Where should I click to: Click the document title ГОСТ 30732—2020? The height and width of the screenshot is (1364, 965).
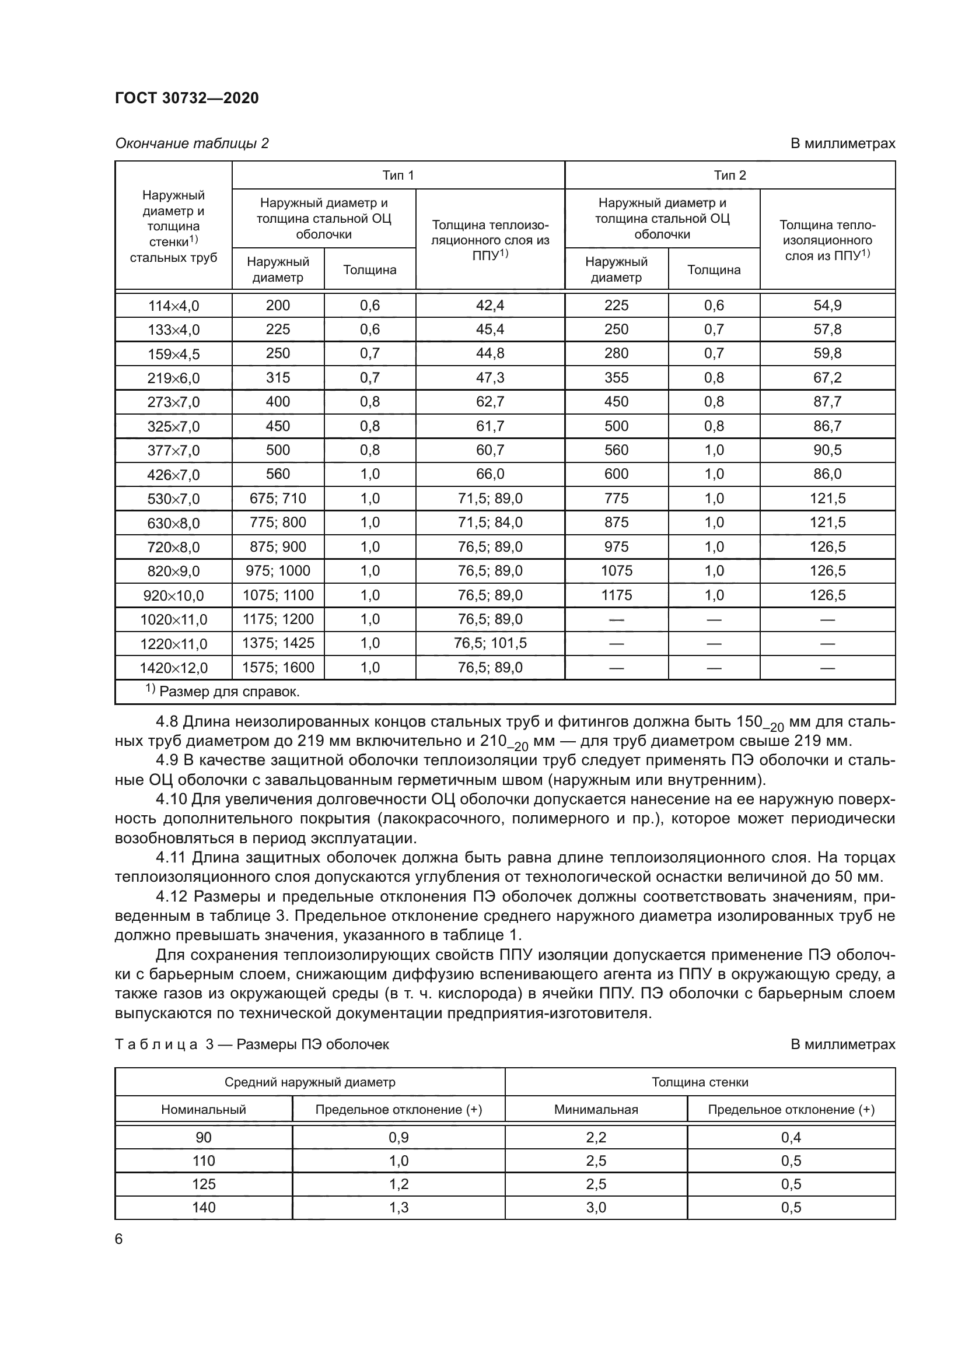(187, 98)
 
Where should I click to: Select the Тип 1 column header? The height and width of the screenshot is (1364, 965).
(397, 176)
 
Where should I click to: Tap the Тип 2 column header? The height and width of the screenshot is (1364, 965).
(730, 176)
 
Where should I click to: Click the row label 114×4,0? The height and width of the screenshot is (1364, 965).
(173, 306)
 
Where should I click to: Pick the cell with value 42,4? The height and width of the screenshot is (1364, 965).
(490, 306)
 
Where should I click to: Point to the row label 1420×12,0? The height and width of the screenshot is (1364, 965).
(173, 668)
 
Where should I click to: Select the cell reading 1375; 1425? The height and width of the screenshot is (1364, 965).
(278, 643)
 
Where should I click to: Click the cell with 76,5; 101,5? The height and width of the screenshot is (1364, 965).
(490, 643)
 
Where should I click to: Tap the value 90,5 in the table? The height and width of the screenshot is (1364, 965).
(827, 450)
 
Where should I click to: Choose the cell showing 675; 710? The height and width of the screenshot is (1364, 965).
(278, 499)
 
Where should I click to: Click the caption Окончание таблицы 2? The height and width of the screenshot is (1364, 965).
(191, 143)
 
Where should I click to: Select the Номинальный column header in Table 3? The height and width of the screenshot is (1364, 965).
(203, 1109)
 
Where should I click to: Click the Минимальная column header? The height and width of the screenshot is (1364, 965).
(596, 1109)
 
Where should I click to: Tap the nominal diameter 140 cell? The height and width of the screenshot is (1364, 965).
(203, 1207)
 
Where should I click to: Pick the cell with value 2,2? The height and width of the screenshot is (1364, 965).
(596, 1137)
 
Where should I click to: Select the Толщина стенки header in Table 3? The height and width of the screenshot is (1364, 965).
(700, 1082)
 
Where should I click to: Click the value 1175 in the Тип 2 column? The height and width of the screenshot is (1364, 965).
(616, 595)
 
